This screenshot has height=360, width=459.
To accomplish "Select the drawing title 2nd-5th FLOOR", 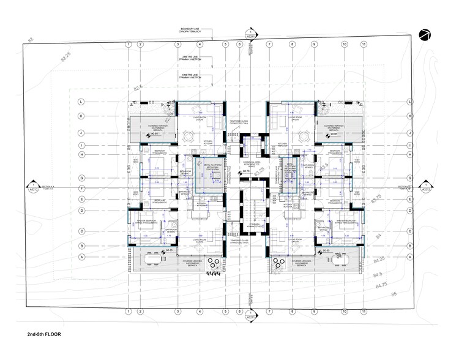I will coord(45,336).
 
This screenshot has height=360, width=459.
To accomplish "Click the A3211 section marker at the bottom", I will coord(250,317).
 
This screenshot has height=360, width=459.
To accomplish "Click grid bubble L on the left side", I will coord(81,102).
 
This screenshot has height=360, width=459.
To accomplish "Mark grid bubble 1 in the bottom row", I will coord(128,312).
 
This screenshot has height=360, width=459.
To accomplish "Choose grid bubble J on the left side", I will coord(81,132).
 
